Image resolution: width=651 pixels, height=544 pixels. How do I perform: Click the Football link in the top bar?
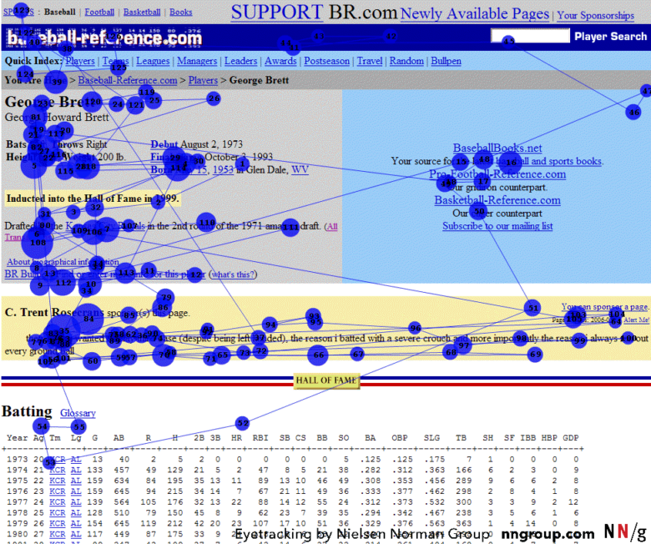click(x=99, y=13)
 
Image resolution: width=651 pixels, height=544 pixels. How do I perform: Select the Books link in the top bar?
click(x=180, y=13)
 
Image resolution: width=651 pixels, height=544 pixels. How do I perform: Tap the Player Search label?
click(x=610, y=37)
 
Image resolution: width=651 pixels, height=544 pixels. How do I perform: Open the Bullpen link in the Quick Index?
click(x=446, y=62)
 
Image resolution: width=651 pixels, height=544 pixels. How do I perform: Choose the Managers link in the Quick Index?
click(x=197, y=62)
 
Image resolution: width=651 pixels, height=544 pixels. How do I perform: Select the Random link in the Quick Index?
click(x=406, y=62)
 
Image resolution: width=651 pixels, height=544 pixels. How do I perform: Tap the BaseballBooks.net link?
click(x=497, y=149)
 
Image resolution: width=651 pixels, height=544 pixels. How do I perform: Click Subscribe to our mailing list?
click(x=497, y=226)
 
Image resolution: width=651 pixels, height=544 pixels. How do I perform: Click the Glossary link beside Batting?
click(x=78, y=413)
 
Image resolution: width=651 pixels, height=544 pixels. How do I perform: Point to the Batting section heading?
click(x=27, y=411)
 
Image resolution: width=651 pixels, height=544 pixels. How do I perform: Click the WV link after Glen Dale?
click(x=300, y=169)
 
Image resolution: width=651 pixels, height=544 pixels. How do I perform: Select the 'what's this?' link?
click(x=233, y=275)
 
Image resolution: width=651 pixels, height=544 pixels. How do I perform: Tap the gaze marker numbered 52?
click(x=242, y=423)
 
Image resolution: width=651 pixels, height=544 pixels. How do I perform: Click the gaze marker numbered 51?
click(x=532, y=308)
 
